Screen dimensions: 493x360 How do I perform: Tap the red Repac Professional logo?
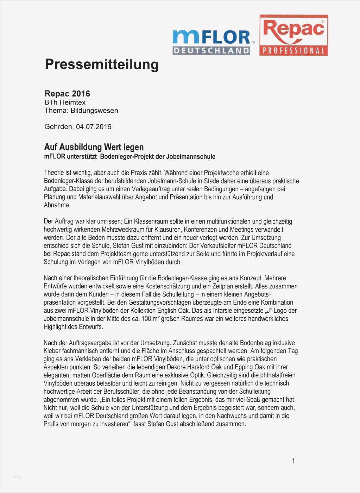coord(293,35)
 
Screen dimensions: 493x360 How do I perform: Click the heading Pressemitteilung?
coord(102,64)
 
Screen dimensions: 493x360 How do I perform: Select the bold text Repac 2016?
coord(67,94)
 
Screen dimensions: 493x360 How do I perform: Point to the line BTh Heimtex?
coord(65,102)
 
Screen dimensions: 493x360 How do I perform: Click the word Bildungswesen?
coord(94,111)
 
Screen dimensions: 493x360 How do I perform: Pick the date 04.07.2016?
coord(93,127)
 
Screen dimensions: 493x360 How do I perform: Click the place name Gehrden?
coord(57,127)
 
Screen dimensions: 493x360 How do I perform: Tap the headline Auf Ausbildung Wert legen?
coord(94,147)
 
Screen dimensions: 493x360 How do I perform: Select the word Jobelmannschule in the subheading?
coord(192,156)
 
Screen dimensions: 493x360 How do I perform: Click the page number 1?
coord(293,461)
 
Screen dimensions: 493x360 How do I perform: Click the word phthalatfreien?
coord(275,375)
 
